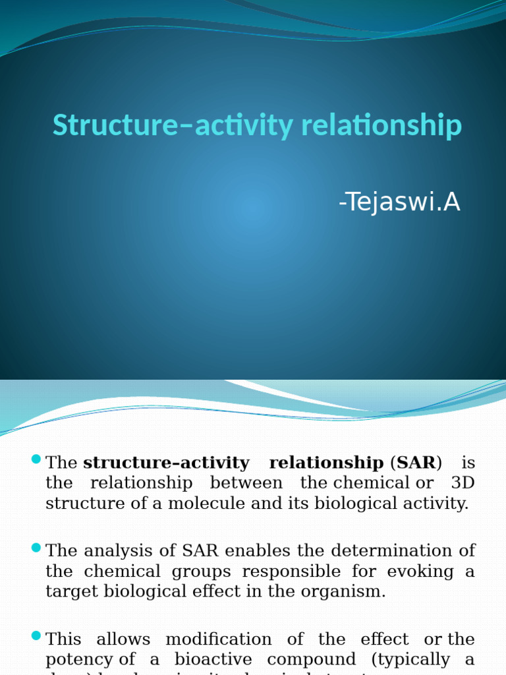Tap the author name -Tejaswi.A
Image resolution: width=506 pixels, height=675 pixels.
(399, 203)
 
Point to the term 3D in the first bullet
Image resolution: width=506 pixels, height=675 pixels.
(463, 483)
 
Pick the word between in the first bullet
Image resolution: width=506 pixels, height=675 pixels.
(246, 483)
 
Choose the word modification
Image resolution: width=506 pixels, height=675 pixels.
(218, 639)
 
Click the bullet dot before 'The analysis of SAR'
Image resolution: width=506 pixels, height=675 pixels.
(36, 548)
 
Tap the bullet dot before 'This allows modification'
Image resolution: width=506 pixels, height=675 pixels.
(36, 637)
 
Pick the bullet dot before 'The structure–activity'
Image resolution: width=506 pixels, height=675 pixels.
(36, 459)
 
